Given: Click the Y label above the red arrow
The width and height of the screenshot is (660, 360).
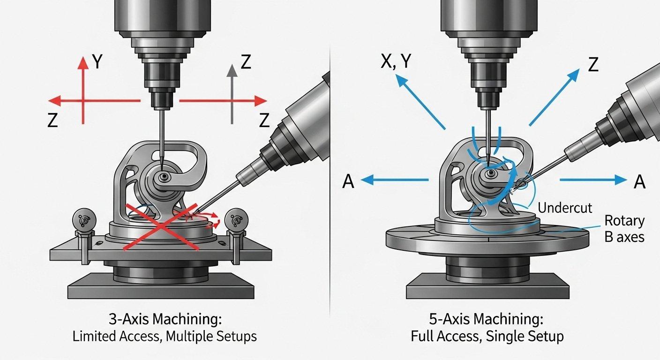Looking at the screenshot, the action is coord(97,62).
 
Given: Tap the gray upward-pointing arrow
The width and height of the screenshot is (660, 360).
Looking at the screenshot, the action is coord(232,94).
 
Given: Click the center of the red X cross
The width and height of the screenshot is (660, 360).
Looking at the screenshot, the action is coord(161,226).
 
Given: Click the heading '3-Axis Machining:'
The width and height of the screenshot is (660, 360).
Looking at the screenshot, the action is coord(165,319).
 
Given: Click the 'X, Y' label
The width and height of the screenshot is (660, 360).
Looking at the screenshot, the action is coord(396,62).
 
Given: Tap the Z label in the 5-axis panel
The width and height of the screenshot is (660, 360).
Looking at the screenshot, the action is coord(593,65).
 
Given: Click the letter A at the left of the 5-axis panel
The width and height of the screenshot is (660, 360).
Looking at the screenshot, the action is coord(348,181).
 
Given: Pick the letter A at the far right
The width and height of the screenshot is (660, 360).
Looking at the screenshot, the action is coord(639,181).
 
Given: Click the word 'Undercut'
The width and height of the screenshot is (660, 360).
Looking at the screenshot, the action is coord(565,208).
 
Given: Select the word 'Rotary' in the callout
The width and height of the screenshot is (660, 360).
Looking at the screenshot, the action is coord(624,221).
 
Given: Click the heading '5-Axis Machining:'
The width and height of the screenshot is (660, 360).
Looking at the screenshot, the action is coord(486,319).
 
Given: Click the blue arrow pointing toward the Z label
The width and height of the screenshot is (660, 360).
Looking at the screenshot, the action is coord(554,97).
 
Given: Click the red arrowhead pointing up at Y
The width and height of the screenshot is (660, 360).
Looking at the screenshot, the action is coord(83,63).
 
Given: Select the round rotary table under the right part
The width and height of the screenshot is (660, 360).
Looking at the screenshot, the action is coord(487,239).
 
